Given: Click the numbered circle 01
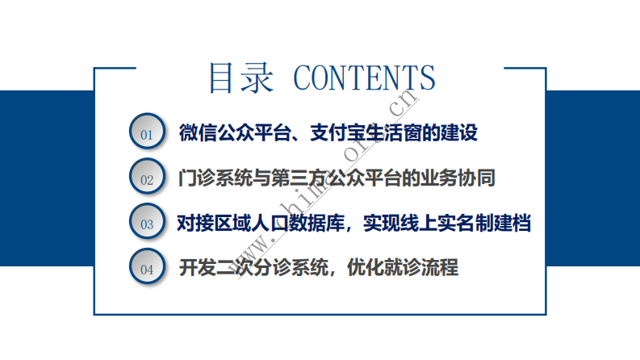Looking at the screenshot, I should pyautogui.click(x=147, y=133).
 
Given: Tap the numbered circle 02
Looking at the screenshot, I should pyautogui.click(x=147, y=178).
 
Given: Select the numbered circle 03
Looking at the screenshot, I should pyautogui.click(x=147, y=224).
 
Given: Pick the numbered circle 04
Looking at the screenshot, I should pyautogui.click(x=147, y=269).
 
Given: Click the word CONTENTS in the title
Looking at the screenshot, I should pyautogui.click(x=364, y=77).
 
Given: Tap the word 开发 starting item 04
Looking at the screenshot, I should pyautogui.click(x=195, y=268).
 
